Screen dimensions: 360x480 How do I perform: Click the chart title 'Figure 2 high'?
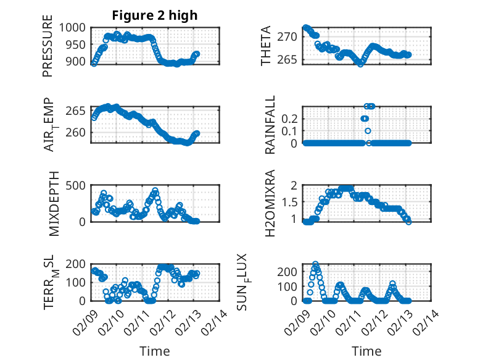pyautogui.click(x=155, y=15)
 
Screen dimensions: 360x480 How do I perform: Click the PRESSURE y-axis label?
pyautogui.click(x=48, y=51)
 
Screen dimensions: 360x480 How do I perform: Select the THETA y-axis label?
pyautogui.click(x=266, y=46)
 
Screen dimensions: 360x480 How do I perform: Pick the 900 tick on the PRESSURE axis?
pyautogui.click(x=78, y=62)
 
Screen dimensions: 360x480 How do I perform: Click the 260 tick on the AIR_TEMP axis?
pyautogui.click(x=78, y=132)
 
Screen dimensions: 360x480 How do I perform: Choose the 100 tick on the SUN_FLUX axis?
pyautogui.click(x=289, y=286)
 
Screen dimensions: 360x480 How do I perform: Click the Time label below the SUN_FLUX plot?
pyautogui.click(x=366, y=351)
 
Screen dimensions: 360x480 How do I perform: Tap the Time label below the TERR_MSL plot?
pyautogui.click(x=155, y=351)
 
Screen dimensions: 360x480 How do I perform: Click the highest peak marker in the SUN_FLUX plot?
pyautogui.click(x=315, y=264)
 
